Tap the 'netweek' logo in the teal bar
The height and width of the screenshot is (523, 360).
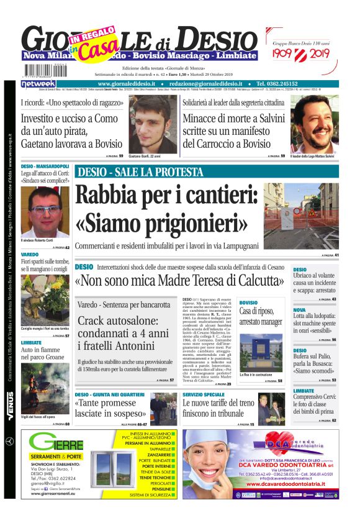tap(39, 84)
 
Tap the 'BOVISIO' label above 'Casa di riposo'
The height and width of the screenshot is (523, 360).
tap(248, 302)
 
